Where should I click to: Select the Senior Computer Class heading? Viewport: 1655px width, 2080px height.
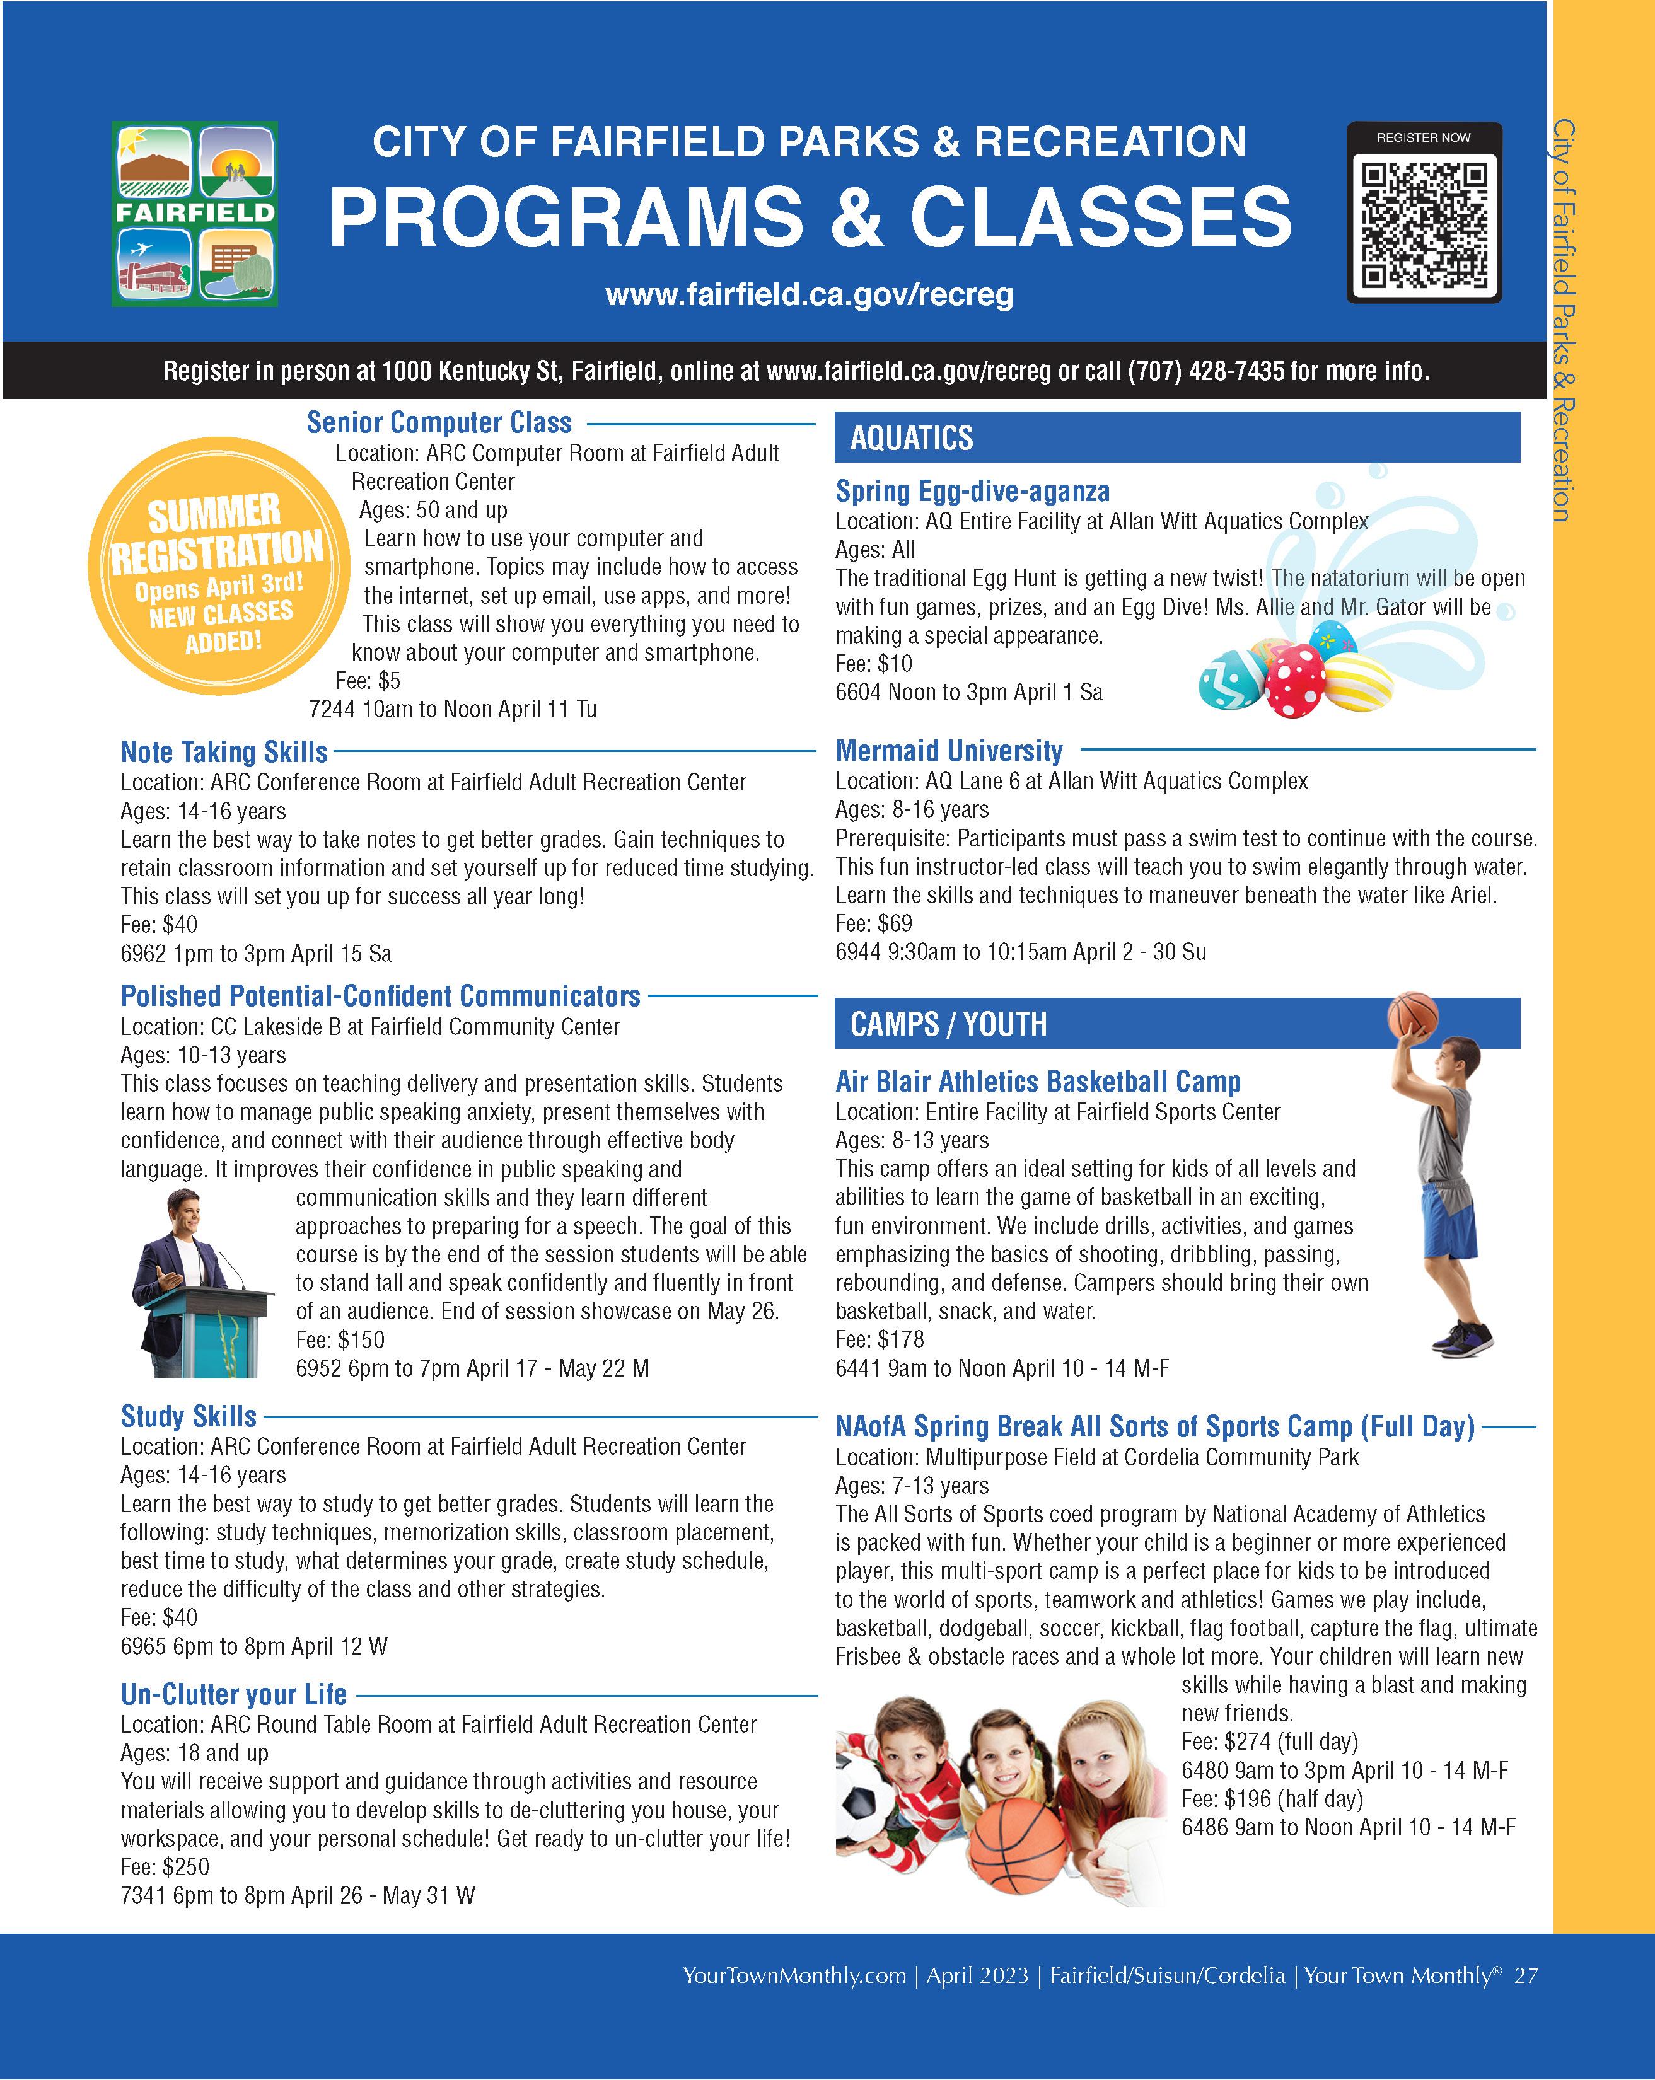pos(439,422)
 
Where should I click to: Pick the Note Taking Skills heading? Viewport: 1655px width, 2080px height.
pos(224,751)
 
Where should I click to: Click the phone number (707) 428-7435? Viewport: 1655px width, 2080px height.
pos(1205,371)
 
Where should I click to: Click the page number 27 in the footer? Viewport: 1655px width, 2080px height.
pos(1526,1974)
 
